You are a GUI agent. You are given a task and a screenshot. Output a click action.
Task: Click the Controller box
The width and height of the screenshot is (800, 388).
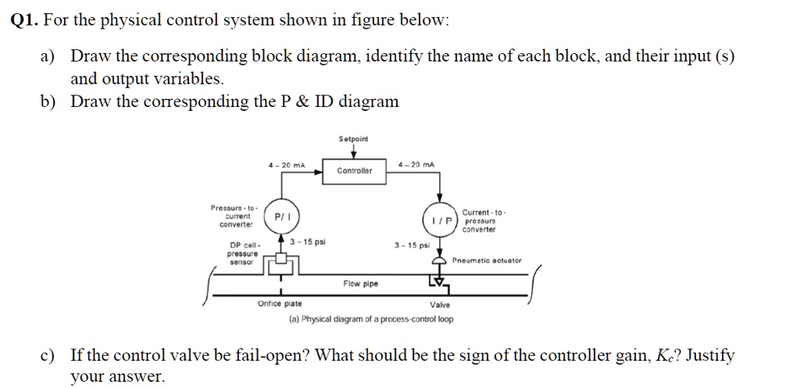pos(355,170)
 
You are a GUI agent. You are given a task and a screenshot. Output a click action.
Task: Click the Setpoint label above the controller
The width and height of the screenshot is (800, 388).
pos(354,139)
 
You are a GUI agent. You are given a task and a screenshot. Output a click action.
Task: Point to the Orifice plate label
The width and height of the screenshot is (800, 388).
pos(280,304)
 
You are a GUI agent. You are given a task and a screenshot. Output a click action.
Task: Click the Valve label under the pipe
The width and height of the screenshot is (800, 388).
pos(440,306)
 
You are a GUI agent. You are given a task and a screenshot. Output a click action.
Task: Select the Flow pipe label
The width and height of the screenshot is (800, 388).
pos(360,284)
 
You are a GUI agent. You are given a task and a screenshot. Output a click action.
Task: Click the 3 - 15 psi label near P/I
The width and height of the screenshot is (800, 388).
pos(308,242)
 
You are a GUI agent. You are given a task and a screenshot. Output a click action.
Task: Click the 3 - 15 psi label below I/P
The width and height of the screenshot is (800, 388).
pos(412,245)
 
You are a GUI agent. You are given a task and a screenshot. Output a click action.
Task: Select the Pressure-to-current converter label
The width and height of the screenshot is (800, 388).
pos(232,215)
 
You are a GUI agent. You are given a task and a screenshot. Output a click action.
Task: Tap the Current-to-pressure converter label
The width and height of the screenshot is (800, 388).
pos(484,220)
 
